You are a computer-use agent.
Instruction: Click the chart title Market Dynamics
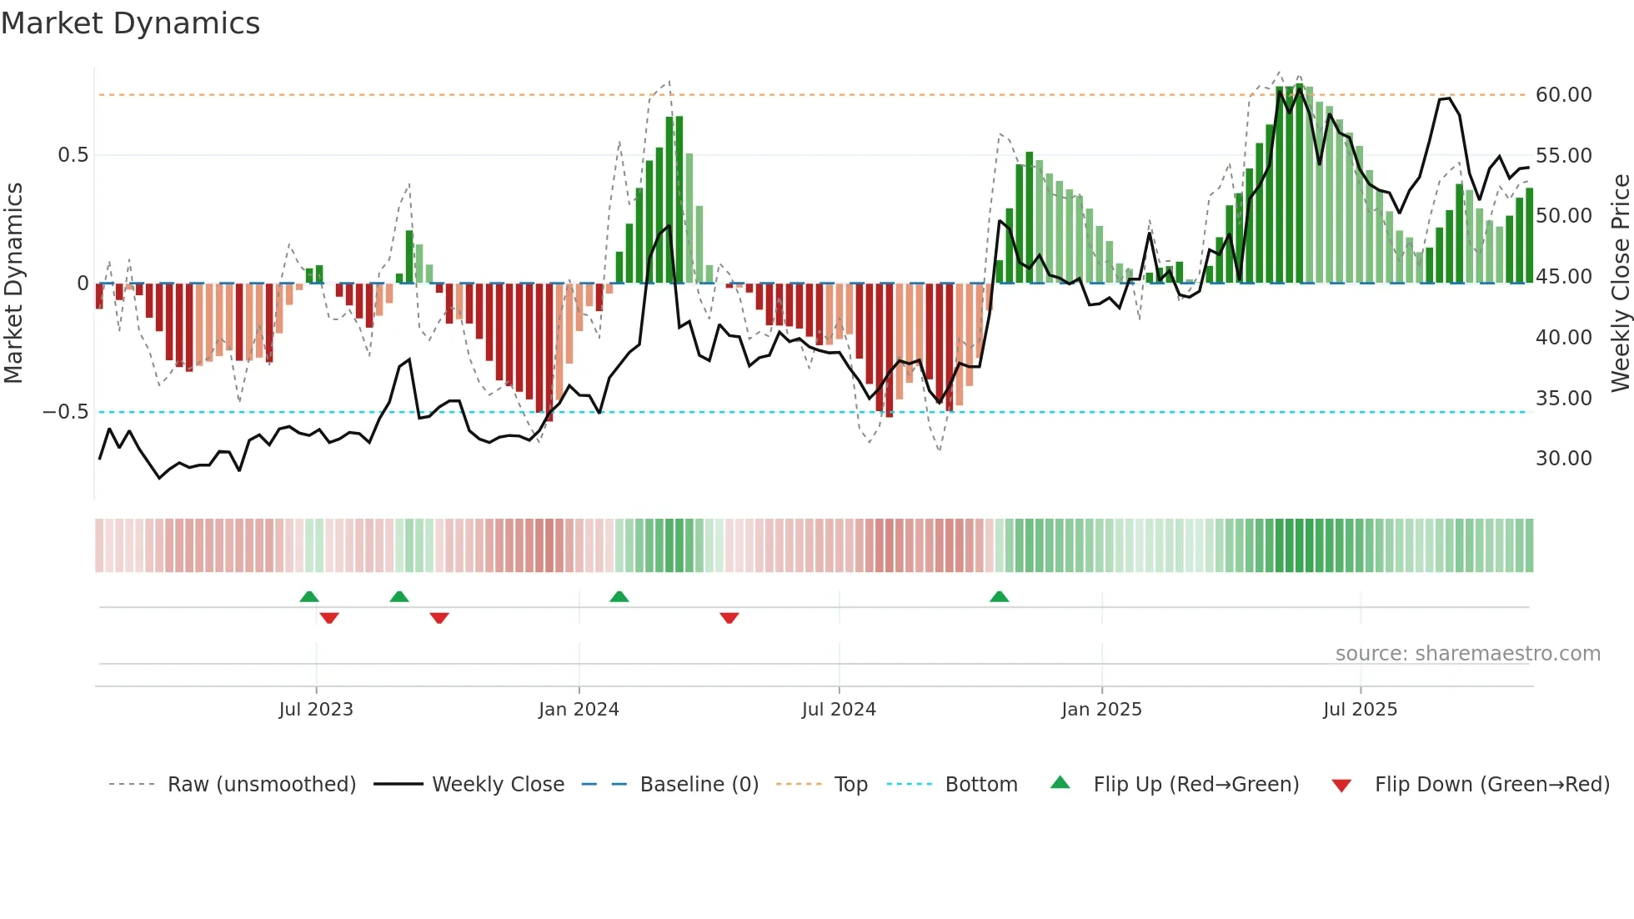point(130,23)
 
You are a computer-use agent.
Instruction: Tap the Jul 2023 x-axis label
point(316,710)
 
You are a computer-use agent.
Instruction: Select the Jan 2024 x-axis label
point(579,710)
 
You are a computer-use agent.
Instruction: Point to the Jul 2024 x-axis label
point(839,710)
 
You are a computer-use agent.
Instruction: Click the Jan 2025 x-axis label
point(1101,710)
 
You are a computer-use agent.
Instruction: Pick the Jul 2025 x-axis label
point(1360,710)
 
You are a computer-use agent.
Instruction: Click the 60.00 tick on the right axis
point(1563,95)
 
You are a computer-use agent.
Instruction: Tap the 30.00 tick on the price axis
point(1563,459)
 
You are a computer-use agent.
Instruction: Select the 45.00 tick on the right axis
point(1563,277)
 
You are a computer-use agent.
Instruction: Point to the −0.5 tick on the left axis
point(65,412)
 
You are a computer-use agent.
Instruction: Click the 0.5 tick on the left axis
point(73,155)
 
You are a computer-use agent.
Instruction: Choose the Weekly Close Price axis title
point(1620,284)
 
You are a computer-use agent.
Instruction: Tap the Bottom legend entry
point(980,785)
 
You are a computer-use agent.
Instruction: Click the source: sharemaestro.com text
point(1467,654)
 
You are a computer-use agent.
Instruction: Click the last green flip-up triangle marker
point(999,596)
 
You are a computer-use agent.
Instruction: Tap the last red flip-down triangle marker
point(729,618)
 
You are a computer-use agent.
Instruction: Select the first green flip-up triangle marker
point(309,596)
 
